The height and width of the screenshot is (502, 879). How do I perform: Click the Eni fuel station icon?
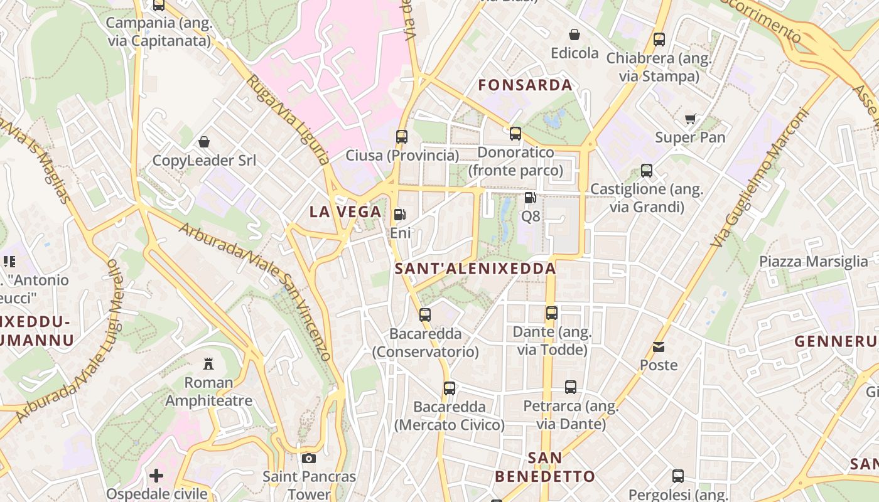(x=399, y=215)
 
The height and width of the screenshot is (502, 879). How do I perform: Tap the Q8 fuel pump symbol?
(x=530, y=198)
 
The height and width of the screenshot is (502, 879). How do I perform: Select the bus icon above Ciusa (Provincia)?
(x=402, y=136)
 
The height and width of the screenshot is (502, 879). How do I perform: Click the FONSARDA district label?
(x=525, y=85)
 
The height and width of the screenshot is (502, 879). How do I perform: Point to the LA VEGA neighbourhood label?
(x=345, y=212)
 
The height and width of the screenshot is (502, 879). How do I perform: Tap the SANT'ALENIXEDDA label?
(x=475, y=269)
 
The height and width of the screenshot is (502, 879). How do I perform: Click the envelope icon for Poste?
(x=659, y=347)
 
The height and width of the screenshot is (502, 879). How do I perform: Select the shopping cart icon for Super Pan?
(x=691, y=119)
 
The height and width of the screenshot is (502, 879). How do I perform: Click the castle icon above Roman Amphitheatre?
(x=208, y=363)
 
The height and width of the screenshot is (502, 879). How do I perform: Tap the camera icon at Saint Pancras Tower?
(x=309, y=459)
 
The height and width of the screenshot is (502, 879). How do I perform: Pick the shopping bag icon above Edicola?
(x=574, y=35)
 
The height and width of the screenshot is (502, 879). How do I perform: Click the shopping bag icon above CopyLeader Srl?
(x=204, y=142)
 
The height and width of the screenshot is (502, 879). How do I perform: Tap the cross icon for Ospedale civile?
(x=156, y=476)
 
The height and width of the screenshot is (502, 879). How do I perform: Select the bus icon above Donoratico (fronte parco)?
(x=515, y=133)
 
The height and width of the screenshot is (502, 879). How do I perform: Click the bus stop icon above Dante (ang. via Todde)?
(x=551, y=312)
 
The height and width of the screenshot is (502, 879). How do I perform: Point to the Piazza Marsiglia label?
(x=813, y=262)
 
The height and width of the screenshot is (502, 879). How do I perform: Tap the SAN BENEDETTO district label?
(x=544, y=467)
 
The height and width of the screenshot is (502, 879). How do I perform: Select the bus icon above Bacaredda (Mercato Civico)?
(x=450, y=388)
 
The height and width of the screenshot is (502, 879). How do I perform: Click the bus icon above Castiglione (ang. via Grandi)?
(x=647, y=170)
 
